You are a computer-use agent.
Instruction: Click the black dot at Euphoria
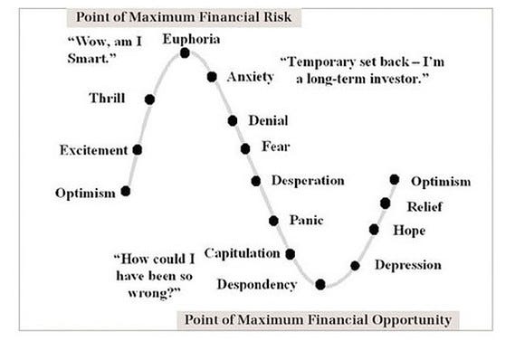[185, 52]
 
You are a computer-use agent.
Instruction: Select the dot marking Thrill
[149, 99]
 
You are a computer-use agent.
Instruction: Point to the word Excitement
[93, 150]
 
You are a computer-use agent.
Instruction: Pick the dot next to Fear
[245, 148]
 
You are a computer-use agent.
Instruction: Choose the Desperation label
[308, 181]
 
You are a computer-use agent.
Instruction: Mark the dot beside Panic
[274, 221]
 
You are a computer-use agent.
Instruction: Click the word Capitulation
[242, 253]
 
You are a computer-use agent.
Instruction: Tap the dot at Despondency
[320, 285]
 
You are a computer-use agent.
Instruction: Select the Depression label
[407, 265]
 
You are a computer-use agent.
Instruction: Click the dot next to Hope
[374, 230]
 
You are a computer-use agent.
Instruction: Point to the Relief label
[424, 207]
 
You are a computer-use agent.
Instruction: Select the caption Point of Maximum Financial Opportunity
[317, 319]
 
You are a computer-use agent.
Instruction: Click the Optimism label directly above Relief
[441, 182]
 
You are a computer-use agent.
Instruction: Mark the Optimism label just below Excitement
[85, 193]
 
